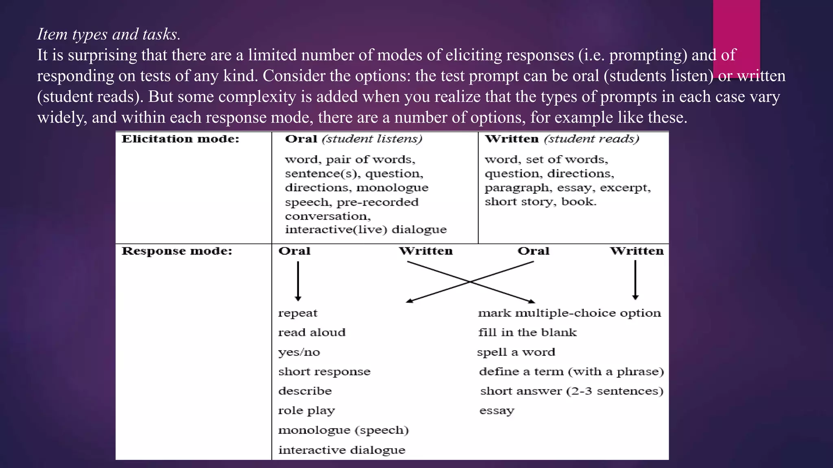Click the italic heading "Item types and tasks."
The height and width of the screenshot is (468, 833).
click(109, 34)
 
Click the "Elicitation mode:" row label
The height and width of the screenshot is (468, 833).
click(180, 139)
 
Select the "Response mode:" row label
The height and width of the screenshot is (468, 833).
click(177, 251)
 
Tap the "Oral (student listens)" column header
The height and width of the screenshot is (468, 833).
click(353, 139)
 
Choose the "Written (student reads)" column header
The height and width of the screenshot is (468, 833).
click(562, 139)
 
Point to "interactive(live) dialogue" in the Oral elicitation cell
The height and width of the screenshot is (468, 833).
click(366, 230)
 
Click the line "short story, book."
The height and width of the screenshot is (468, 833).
click(540, 201)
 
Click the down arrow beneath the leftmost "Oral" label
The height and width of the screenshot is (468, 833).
click(298, 281)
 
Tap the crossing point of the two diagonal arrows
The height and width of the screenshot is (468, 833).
click(470, 282)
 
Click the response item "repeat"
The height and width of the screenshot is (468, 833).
click(298, 313)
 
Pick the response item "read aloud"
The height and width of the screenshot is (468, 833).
click(312, 332)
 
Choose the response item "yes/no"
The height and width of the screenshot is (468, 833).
click(299, 352)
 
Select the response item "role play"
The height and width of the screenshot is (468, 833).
click(306, 411)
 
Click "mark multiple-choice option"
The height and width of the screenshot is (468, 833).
click(569, 313)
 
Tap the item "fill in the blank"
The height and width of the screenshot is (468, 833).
click(527, 332)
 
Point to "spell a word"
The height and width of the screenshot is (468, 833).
click(516, 352)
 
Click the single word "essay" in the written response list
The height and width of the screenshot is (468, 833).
click(497, 411)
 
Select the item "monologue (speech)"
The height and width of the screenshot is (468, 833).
click(343, 430)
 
